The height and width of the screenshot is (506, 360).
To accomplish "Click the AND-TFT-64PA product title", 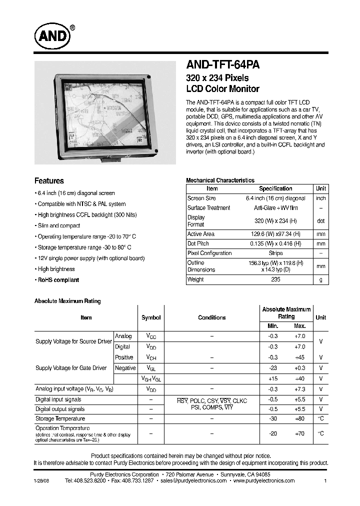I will [x=222, y=65].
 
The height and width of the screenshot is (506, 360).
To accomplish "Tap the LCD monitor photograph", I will [x=105, y=113].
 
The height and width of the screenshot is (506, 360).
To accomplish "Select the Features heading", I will [x=49, y=181].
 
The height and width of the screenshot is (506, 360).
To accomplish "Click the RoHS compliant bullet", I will [x=58, y=280].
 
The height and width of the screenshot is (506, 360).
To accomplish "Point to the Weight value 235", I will [x=275, y=279].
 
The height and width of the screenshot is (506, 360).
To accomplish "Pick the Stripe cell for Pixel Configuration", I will [x=275, y=253].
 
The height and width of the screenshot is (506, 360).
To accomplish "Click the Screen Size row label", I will [x=201, y=198].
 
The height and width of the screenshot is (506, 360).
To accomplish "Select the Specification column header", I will [x=275, y=188].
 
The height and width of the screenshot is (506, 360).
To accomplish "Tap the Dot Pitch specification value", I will [x=275, y=243].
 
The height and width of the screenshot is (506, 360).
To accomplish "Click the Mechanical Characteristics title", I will [x=220, y=180].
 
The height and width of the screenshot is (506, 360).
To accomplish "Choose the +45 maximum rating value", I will [x=300, y=357].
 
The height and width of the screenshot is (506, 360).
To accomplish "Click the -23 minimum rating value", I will [x=272, y=368].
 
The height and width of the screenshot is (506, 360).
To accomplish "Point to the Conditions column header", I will [x=211, y=317].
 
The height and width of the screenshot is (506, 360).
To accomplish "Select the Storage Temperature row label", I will [x=60, y=418].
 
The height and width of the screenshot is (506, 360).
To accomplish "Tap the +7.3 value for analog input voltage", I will [x=300, y=389].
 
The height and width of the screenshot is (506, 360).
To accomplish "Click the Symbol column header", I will [x=151, y=317].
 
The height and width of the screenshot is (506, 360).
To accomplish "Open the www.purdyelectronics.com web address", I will [x=263, y=480].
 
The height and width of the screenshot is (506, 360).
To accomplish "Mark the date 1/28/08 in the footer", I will [x=42, y=480].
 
